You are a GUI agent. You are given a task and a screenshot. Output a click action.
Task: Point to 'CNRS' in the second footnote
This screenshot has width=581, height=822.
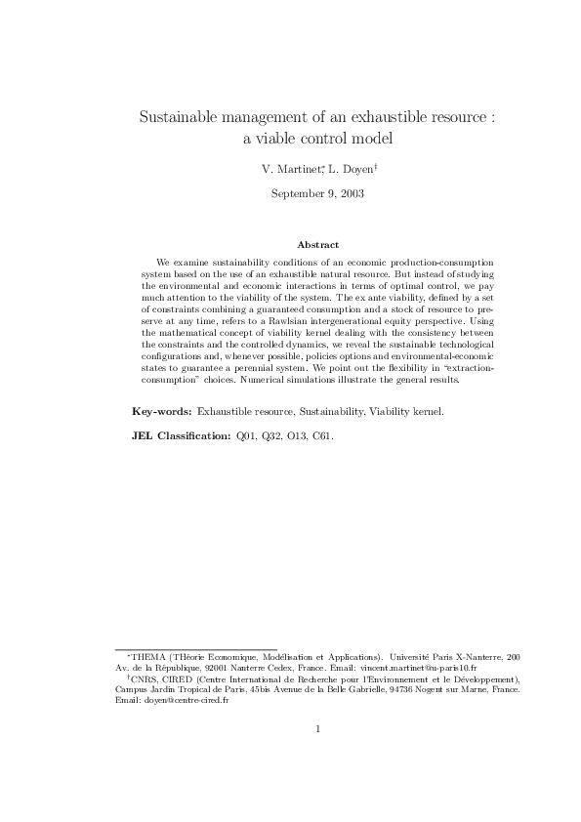(x=144, y=678)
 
